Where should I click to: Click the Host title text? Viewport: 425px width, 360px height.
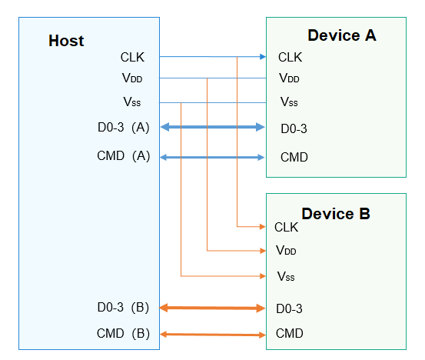(66, 41)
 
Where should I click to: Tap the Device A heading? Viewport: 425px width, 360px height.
(342, 35)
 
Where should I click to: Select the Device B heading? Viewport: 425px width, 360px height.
(336, 214)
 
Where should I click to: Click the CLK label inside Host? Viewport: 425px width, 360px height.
(132, 57)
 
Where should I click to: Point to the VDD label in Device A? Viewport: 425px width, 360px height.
(289, 78)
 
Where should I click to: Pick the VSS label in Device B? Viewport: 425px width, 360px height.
(286, 276)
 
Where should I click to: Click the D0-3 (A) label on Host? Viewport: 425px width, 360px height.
(123, 127)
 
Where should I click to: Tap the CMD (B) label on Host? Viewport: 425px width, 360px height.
(123, 333)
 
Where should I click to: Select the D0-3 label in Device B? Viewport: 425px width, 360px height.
(289, 308)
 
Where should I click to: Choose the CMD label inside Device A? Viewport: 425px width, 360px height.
(294, 158)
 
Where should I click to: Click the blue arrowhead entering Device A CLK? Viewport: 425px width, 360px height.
(263, 57)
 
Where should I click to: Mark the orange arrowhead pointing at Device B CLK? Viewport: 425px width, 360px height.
(263, 226)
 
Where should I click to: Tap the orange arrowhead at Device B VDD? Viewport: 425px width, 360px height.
(263, 251)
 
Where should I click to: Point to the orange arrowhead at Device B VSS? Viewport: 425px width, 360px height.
(263, 276)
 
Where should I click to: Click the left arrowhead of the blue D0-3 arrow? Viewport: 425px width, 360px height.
(165, 127)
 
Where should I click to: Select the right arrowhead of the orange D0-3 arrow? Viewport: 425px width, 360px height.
(261, 308)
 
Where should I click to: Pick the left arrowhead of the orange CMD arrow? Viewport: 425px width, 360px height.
(164, 334)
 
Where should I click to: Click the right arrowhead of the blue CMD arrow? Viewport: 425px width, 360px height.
(261, 158)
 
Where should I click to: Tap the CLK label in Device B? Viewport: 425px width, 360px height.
(286, 228)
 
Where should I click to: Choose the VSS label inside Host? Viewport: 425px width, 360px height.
(132, 102)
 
